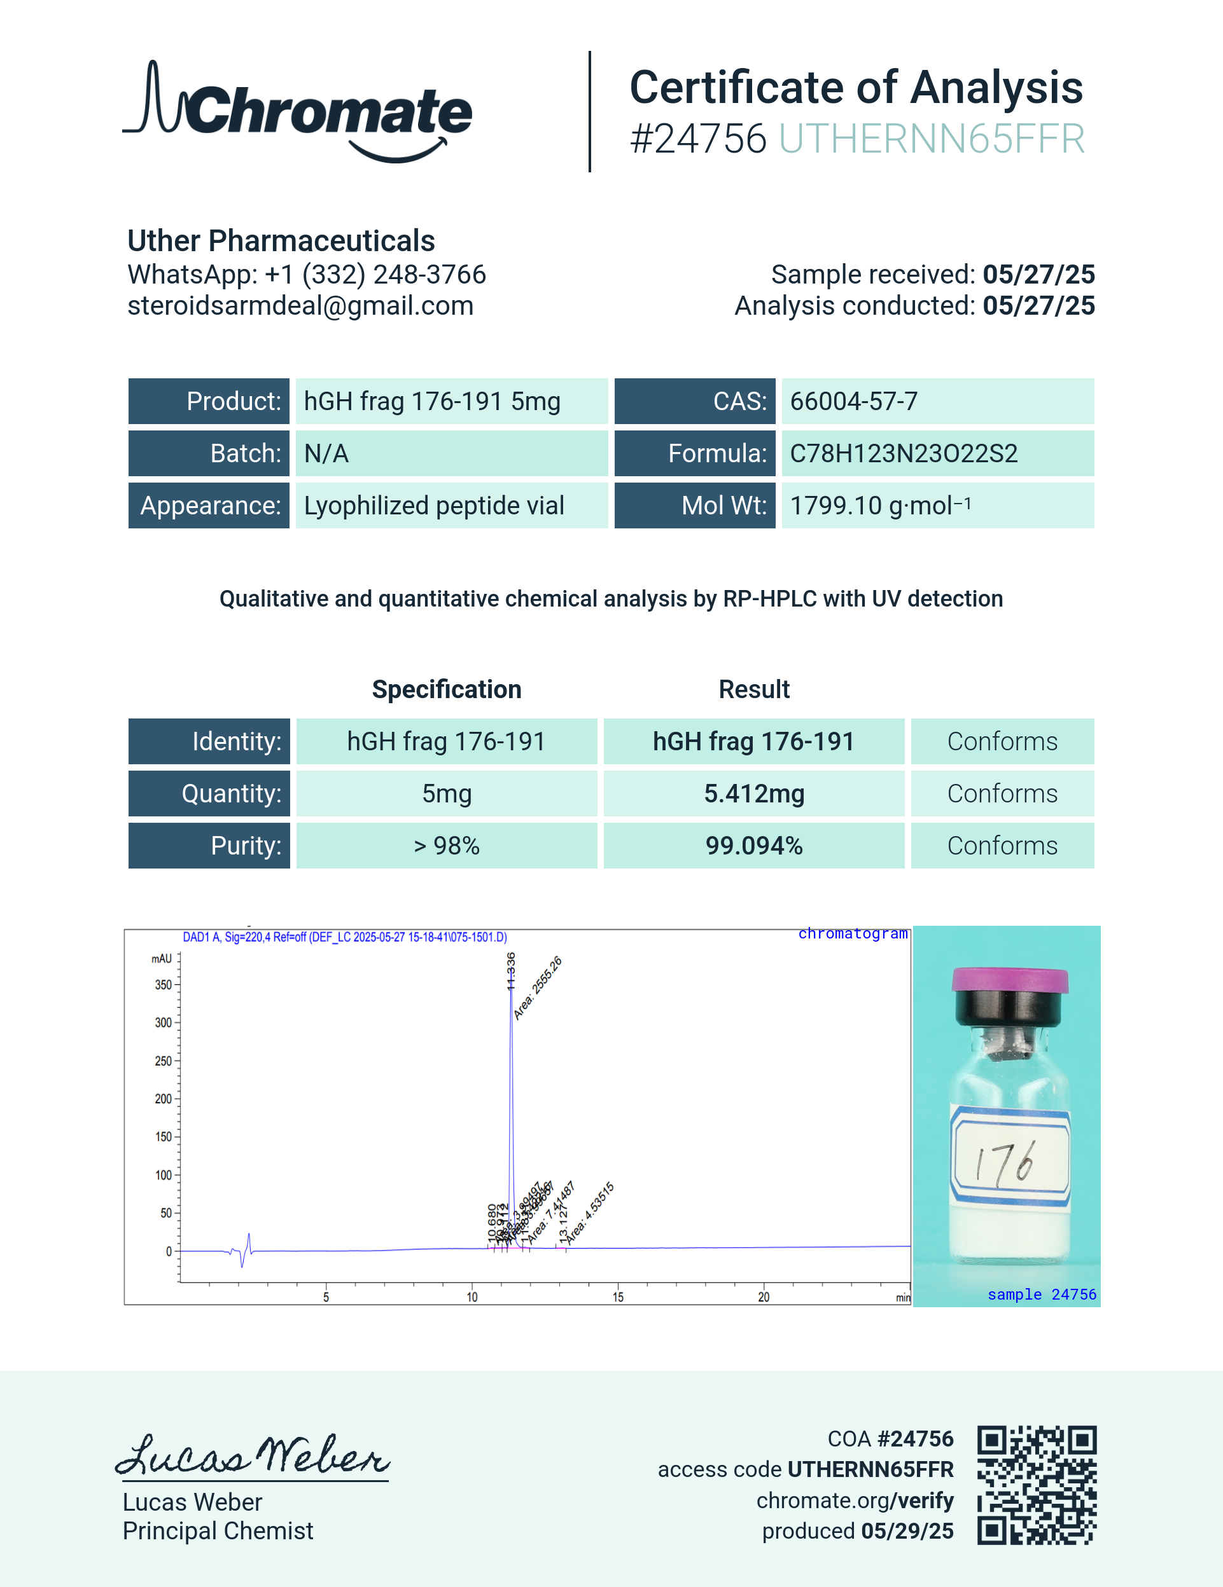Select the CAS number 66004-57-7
854,401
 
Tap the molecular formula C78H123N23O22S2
903,453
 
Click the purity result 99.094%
754,846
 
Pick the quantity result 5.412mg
754,793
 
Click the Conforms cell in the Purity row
1002,846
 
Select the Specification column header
447,689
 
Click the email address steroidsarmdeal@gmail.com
300,306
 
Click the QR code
1036,1485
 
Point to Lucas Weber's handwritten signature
253,1455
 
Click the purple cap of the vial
1010,980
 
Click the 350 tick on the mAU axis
164,985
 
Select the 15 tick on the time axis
618,1297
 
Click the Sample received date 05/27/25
1038,275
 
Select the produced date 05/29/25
907,1531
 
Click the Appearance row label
209,505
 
